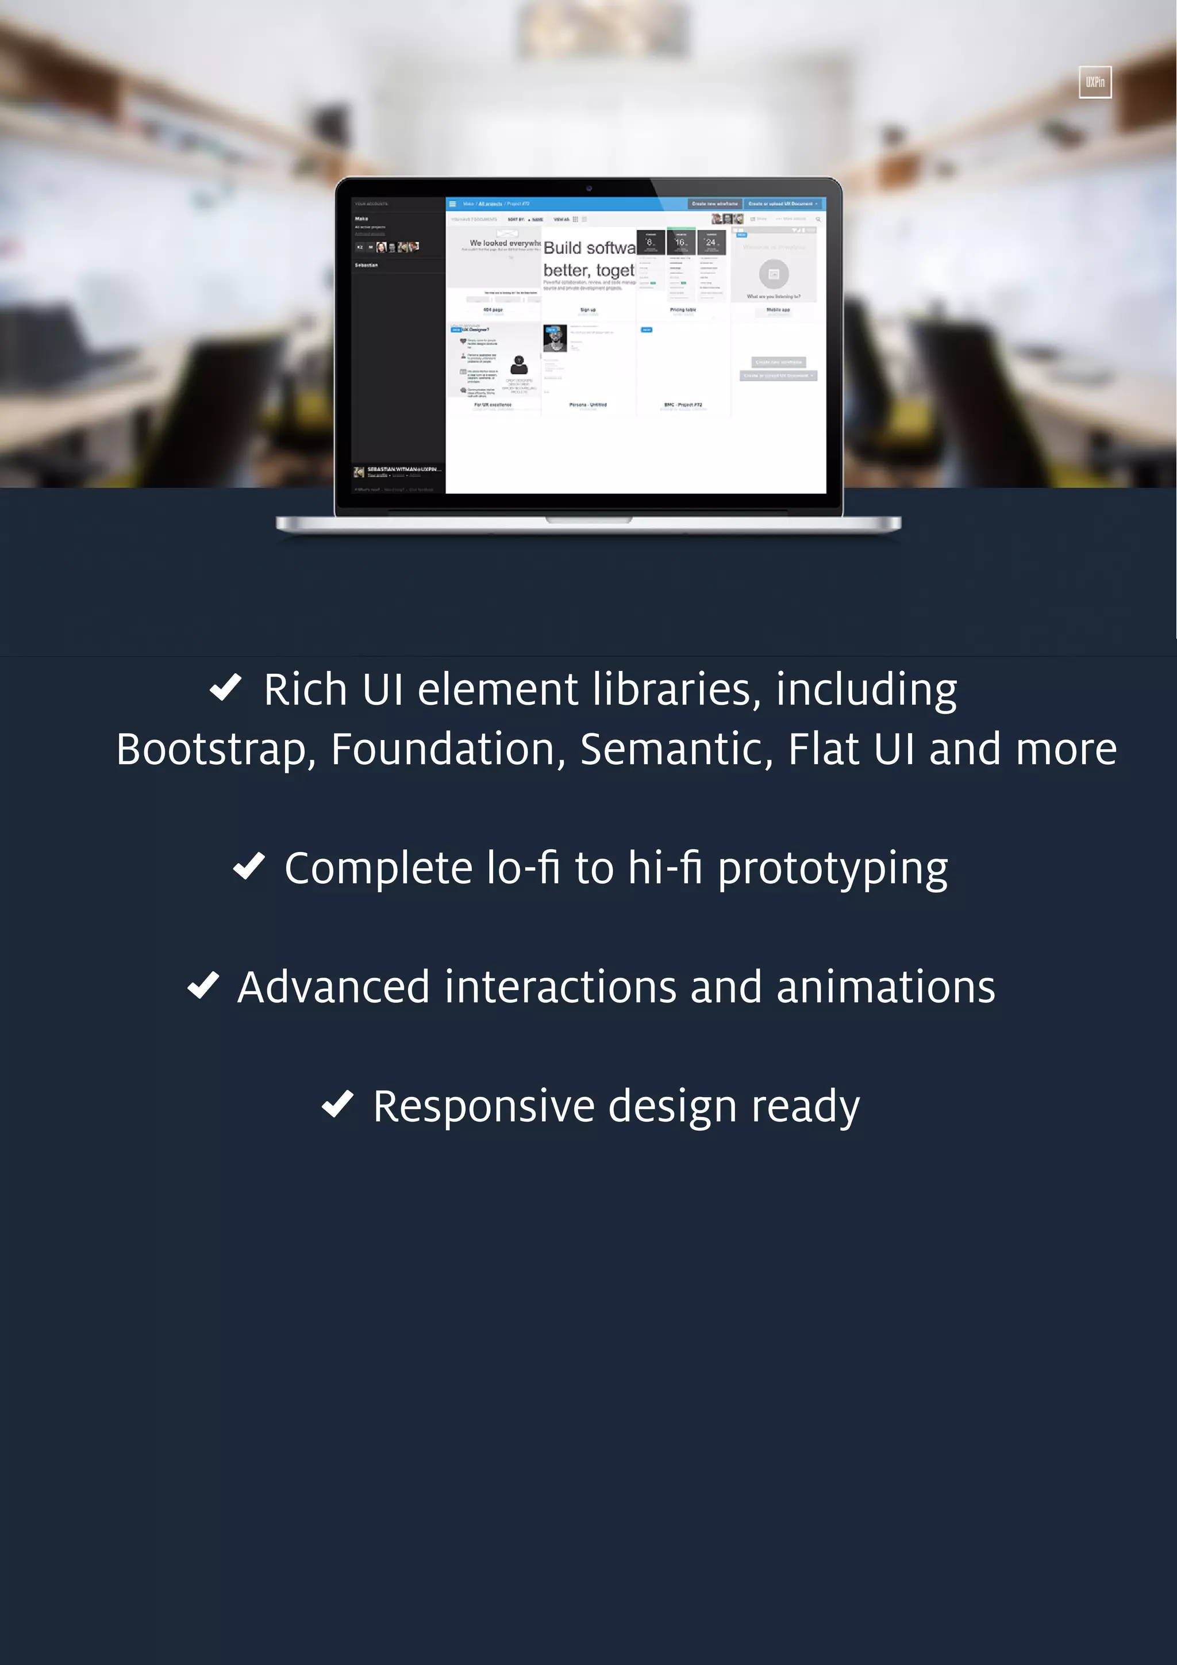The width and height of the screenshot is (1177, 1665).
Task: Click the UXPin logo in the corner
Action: [x=1094, y=82]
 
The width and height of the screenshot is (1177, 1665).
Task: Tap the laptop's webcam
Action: [x=588, y=189]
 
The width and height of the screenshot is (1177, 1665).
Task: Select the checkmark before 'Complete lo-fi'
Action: [x=249, y=866]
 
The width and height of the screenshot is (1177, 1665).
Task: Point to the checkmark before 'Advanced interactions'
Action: [x=203, y=985]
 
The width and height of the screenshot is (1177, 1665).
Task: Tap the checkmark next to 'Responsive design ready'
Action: [x=338, y=1104]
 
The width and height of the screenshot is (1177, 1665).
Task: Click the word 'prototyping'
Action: [x=833, y=869]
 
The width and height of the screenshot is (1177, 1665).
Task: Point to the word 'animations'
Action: [x=886, y=987]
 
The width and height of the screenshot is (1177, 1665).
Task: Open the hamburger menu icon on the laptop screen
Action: [x=452, y=204]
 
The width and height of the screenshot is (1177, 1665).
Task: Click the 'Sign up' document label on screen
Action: [x=588, y=310]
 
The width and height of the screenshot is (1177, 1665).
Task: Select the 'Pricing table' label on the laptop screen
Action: [x=683, y=310]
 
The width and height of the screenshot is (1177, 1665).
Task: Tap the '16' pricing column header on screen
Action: [x=680, y=242]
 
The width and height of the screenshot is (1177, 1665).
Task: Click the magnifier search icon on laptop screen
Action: [x=818, y=219]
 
